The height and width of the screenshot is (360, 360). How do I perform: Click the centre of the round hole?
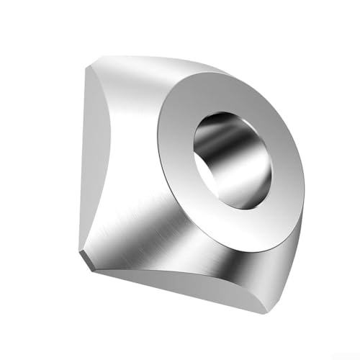233,159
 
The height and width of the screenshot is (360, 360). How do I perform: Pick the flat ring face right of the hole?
288,166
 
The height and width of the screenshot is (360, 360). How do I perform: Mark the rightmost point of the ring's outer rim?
305,173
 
